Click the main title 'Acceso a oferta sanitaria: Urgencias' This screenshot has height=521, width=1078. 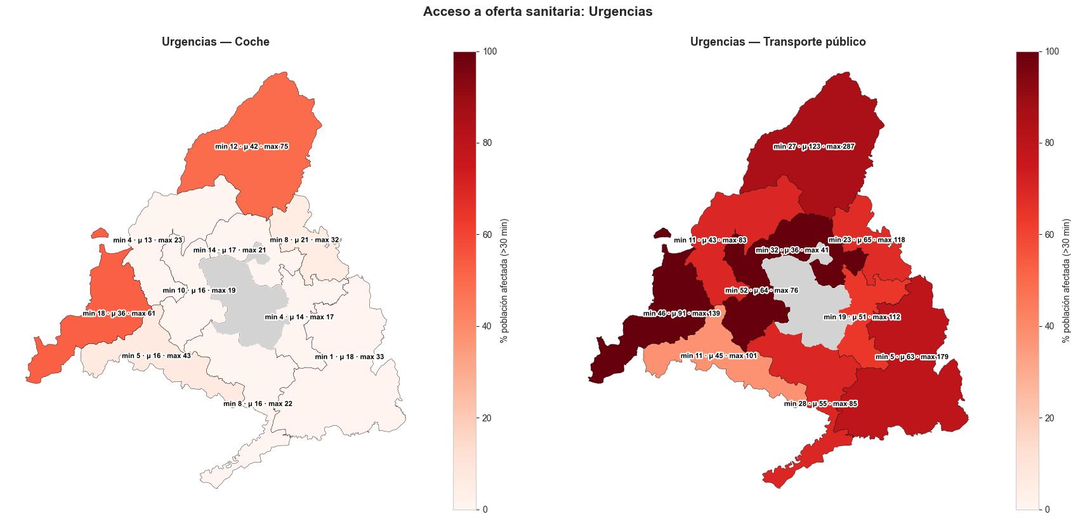pos(537,12)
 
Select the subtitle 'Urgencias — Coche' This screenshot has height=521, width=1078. pos(215,43)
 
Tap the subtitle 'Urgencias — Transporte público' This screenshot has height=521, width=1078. pos(778,43)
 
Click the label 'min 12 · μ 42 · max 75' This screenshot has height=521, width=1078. pos(251,147)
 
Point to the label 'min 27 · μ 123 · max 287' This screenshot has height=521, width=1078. pos(813,147)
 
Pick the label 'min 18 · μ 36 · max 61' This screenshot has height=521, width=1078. pos(119,313)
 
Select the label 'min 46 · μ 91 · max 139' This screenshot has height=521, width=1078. pos(681,313)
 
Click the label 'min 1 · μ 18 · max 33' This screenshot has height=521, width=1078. pos(349,357)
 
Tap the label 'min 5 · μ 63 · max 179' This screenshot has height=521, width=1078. pos(912,357)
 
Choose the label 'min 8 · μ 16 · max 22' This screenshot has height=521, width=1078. pos(258,404)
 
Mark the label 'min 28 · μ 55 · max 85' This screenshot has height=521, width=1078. pos(820,404)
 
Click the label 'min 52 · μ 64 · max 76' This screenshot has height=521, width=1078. pos(761,291)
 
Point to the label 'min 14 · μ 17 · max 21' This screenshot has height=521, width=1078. pos(230,250)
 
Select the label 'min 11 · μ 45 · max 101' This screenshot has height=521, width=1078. pos(718,356)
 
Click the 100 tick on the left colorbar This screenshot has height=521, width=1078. pos(489,51)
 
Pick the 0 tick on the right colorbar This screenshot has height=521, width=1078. pos(1046,510)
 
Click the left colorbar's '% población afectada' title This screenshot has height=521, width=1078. pos(504,280)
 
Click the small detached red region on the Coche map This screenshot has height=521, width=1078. pos(99,234)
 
